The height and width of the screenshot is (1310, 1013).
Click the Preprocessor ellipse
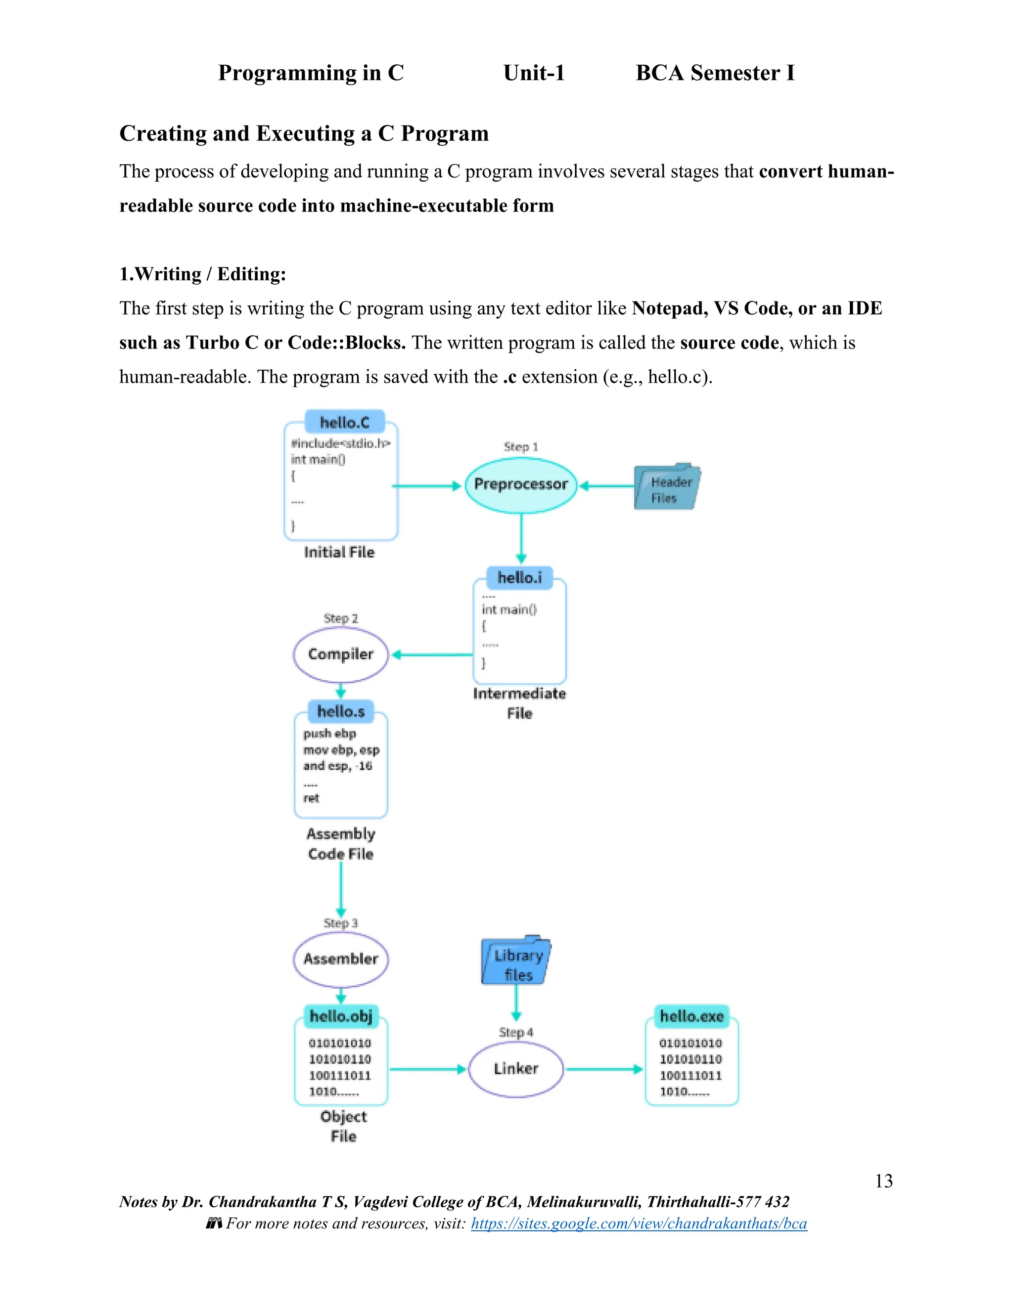520,484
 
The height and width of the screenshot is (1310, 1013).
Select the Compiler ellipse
340,655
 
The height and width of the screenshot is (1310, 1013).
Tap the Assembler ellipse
340,959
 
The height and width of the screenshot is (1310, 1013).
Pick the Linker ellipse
515,1069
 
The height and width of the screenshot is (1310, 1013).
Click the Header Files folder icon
666,487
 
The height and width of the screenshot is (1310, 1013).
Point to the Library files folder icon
515,962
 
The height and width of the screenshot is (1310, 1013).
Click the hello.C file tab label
344,423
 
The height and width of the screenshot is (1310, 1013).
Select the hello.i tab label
520,577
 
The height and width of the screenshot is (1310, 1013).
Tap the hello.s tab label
341,711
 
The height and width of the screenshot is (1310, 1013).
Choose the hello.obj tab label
341,1016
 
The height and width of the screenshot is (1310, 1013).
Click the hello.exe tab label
691,1016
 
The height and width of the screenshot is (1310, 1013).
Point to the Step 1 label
520,447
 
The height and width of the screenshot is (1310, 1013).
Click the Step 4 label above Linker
515,1032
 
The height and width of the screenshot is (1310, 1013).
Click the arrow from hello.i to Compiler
432,655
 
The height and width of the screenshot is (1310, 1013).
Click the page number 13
883,1181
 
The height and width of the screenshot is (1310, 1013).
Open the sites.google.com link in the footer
639,1223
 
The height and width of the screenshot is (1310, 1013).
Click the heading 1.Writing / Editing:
203,274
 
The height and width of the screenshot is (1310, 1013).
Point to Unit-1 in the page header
534,73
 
